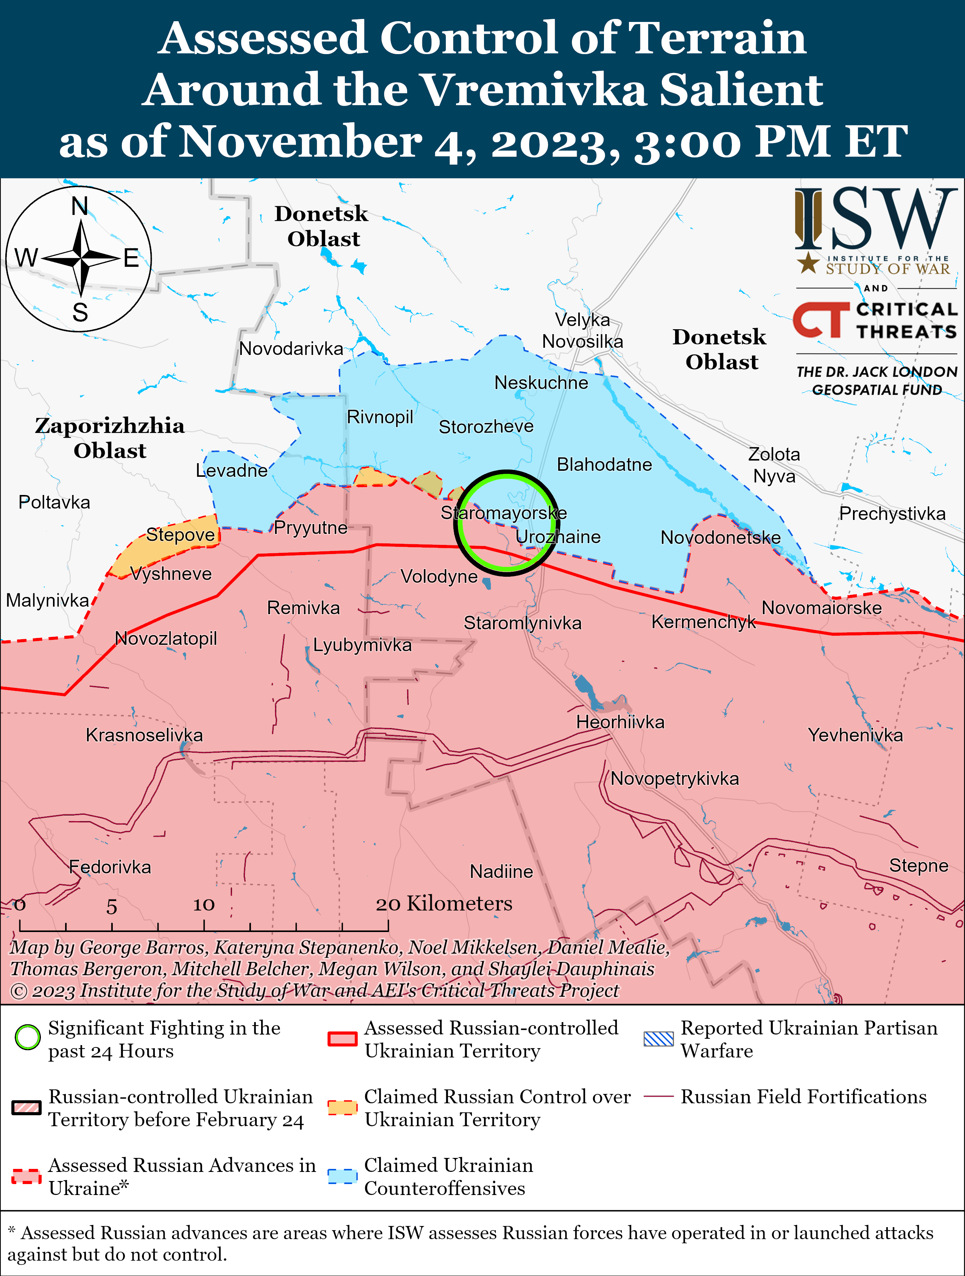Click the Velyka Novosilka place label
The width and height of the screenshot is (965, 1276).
coord(582,330)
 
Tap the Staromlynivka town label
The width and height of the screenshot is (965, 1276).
coord(523,623)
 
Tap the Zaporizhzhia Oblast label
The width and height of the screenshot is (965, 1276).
coord(110,438)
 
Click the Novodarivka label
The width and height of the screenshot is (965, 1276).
coord(291,349)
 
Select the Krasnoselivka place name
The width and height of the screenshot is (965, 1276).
coord(144,735)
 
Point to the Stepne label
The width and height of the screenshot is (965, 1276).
coord(918,865)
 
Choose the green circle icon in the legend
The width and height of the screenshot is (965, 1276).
coord(28,1038)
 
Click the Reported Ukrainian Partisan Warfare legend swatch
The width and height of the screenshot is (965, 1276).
coord(658,1039)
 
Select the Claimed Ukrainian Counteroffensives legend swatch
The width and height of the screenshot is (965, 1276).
coord(342,1176)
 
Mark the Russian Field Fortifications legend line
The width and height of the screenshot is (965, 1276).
coord(658,1096)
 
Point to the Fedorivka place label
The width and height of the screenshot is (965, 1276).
coord(110,867)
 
